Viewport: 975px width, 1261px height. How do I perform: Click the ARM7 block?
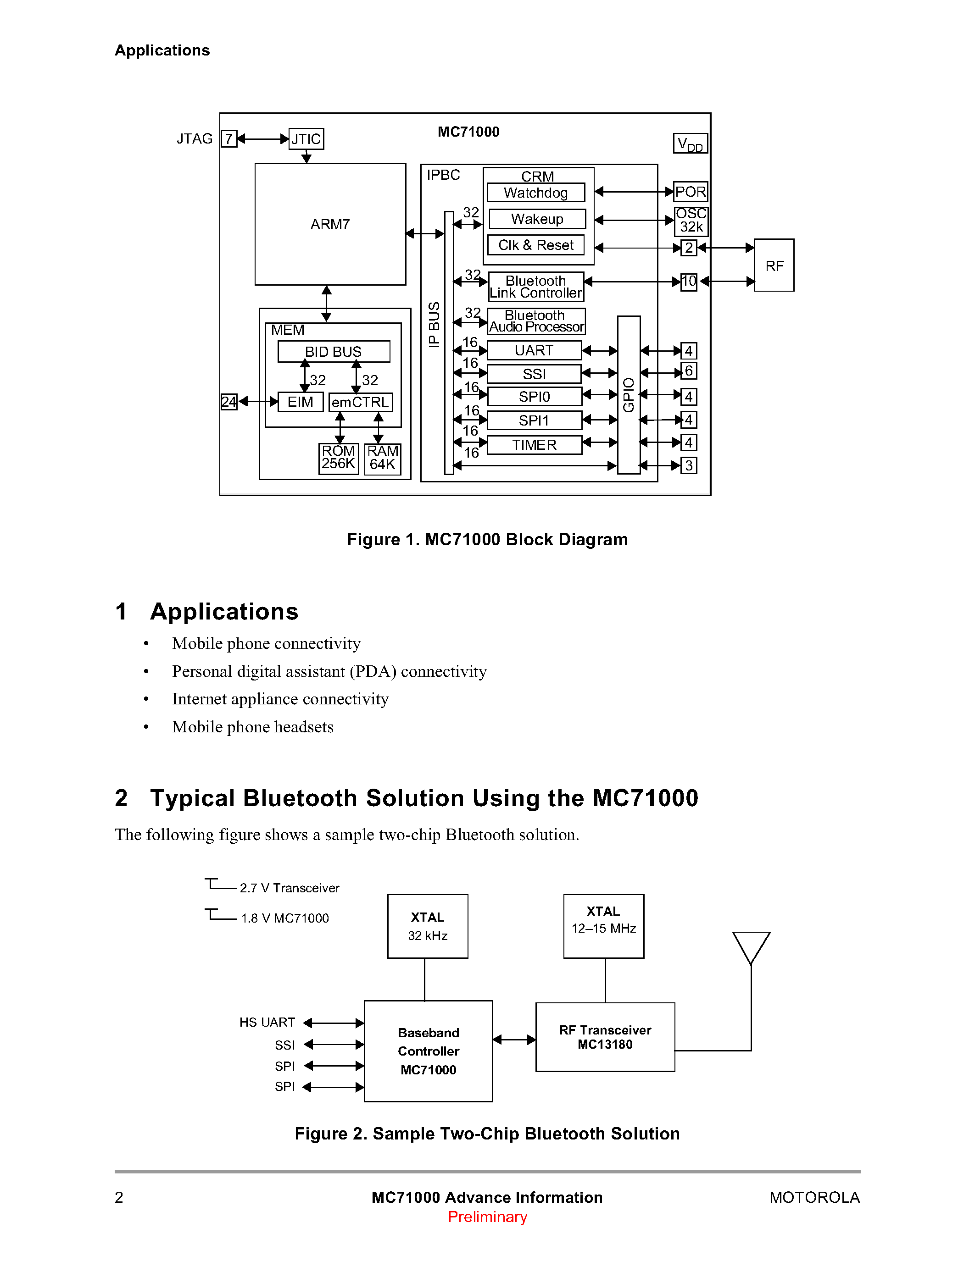pyautogui.click(x=330, y=224)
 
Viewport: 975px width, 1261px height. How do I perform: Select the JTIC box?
pyautogui.click(x=306, y=138)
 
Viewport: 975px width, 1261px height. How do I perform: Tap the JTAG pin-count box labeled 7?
pyautogui.click(x=229, y=138)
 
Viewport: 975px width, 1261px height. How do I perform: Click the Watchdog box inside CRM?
pyautogui.click(x=535, y=192)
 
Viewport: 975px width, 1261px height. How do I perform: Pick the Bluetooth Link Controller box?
pyautogui.click(x=535, y=287)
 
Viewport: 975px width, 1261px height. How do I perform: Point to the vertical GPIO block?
pyautogui.click(x=629, y=394)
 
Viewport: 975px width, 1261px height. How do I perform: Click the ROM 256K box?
pyautogui.click(x=339, y=458)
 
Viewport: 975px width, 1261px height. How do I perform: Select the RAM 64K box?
pyautogui.click(x=382, y=459)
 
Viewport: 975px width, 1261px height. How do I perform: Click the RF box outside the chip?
pyautogui.click(x=774, y=265)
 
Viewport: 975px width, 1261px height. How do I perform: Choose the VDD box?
pyautogui.click(x=690, y=143)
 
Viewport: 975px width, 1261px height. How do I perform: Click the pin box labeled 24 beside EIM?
pyautogui.click(x=229, y=401)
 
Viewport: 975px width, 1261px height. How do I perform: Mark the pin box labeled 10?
pyautogui.click(x=689, y=282)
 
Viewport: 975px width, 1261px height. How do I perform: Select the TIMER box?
pyautogui.click(x=534, y=445)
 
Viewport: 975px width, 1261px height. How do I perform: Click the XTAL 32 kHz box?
pyautogui.click(x=428, y=926)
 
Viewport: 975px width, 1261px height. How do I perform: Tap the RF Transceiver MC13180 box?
pyautogui.click(x=605, y=1037)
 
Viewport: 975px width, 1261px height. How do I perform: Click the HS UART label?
pyautogui.click(x=267, y=1023)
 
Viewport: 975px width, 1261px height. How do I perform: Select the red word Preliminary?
pyautogui.click(x=487, y=1217)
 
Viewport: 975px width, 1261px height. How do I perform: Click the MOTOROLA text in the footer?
pyautogui.click(x=814, y=1197)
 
